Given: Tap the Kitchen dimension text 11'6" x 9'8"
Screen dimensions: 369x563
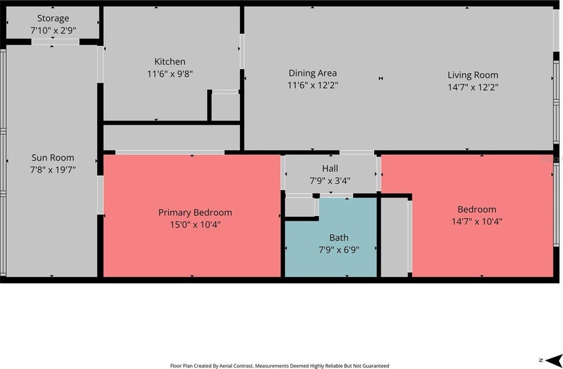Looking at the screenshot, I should coord(170,74).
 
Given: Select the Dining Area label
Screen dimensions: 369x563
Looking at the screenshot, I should coord(312,73).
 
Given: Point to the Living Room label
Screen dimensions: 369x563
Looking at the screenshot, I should coord(473,75).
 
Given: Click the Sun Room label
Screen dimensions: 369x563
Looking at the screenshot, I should coord(53,158).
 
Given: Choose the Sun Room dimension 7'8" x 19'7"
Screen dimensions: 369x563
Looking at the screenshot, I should coord(53,170).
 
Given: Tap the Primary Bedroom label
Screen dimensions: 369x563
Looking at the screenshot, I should coord(195,213).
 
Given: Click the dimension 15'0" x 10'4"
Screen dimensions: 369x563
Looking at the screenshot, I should coord(195,225).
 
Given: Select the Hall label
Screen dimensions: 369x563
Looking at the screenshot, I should coord(330,168).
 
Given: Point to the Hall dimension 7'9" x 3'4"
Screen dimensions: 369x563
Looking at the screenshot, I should coord(330,180).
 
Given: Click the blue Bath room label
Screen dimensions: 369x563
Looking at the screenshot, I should coord(338,238).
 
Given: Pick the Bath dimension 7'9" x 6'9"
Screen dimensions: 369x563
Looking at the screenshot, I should coord(338,250).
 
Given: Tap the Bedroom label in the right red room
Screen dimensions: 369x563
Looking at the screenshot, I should coord(477,209).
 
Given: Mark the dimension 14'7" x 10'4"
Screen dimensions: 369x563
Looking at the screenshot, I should coord(477,221).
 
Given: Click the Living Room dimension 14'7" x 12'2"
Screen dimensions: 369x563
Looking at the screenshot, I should coord(473,87).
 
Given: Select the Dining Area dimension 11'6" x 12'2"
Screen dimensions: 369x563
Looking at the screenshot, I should coord(312,85).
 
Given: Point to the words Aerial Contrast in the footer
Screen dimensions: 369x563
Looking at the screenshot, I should coord(243,366).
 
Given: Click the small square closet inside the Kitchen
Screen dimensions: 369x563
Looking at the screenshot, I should coord(225,107).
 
